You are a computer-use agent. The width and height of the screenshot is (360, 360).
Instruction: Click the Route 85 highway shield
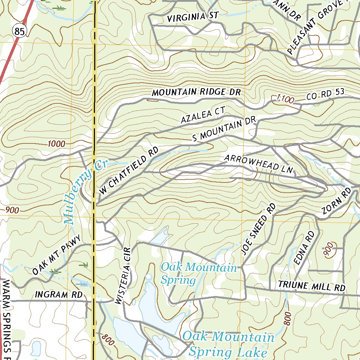[x=20, y=32]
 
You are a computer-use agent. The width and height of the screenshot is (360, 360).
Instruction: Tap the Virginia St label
[x=193, y=17]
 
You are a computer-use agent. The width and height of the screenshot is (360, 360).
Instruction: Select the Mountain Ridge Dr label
[x=196, y=92]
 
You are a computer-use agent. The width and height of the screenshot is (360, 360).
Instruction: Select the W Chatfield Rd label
[x=129, y=171]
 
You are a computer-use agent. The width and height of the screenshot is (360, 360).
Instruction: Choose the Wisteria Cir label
[x=123, y=275]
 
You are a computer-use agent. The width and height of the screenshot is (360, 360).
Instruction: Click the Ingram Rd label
[x=59, y=295]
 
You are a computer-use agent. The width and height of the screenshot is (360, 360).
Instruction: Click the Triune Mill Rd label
[x=311, y=286]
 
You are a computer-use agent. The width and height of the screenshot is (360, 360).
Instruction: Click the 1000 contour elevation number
[x=56, y=143]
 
